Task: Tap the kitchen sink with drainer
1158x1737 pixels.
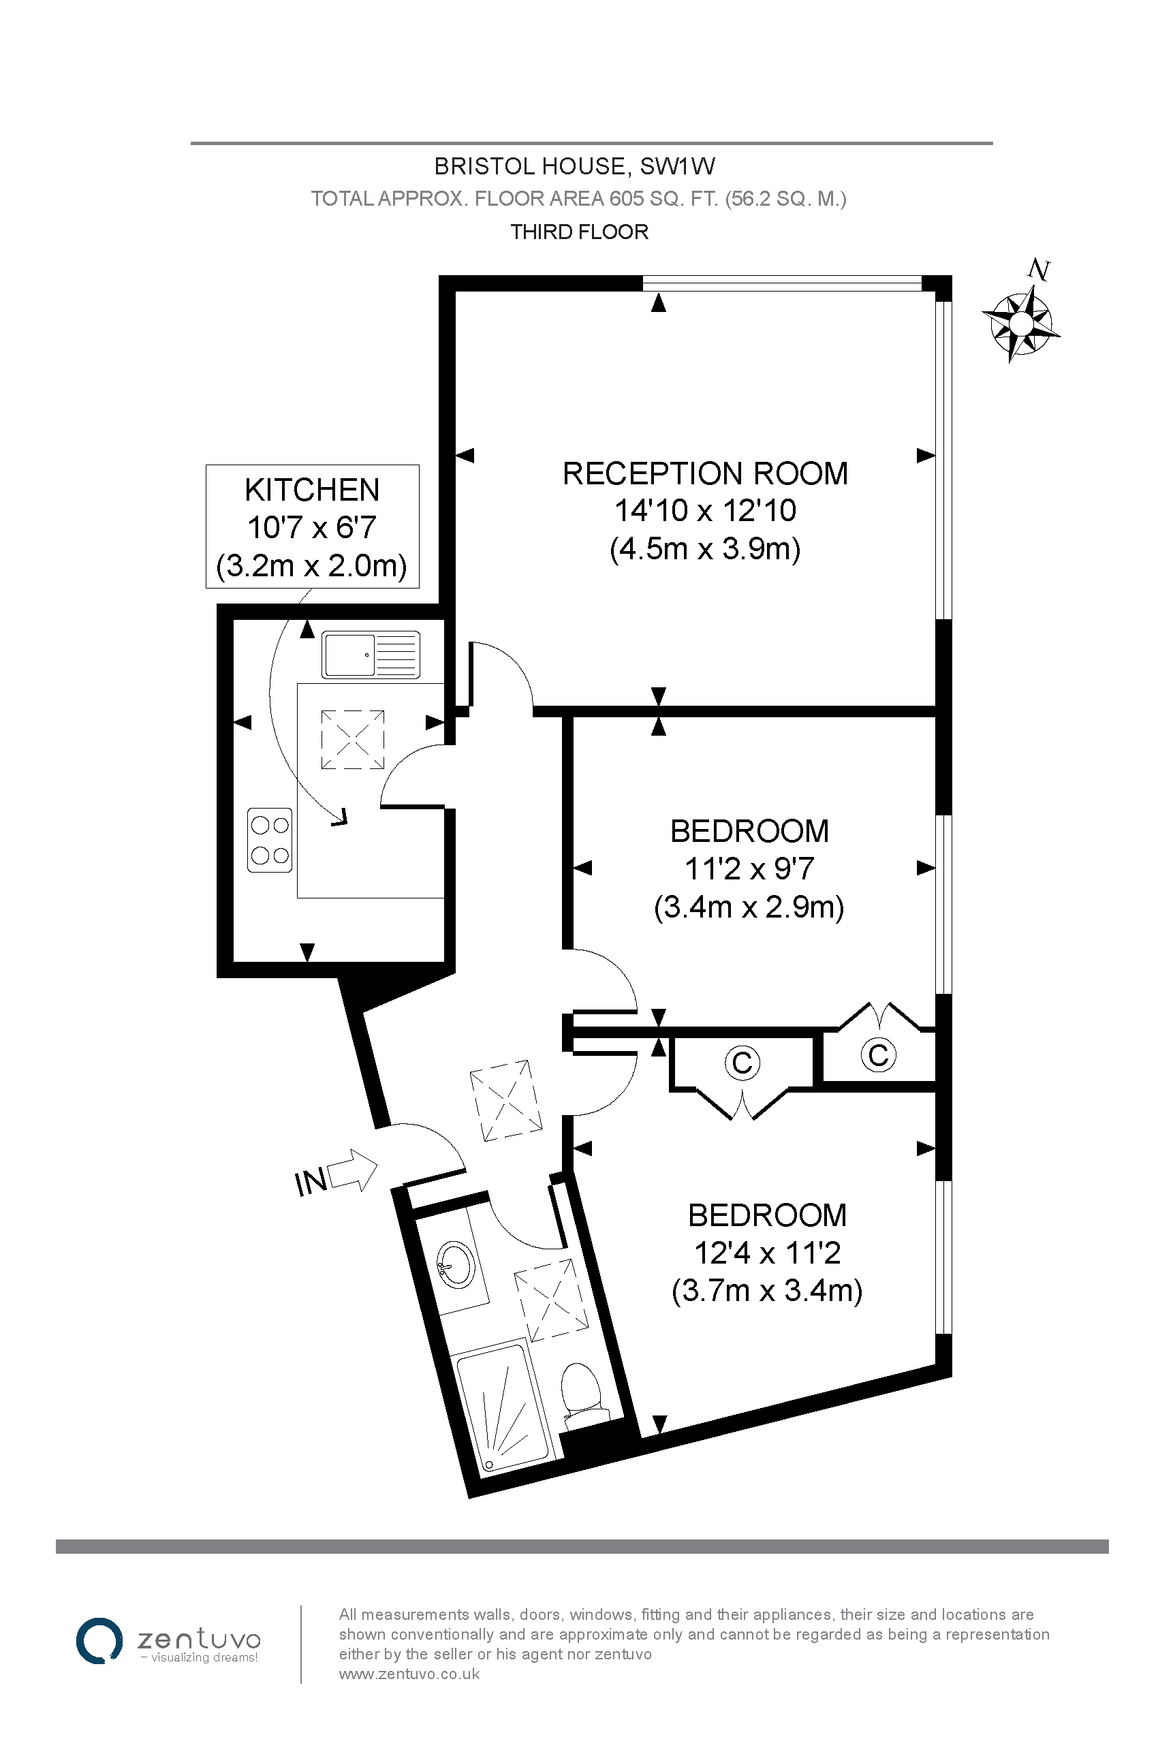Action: (371, 655)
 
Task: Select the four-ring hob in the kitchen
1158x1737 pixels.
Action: (270, 841)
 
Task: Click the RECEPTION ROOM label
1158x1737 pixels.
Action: (705, 473)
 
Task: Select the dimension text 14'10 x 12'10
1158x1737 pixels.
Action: (705, 510)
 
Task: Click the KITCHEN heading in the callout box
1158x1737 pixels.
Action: (312, 490)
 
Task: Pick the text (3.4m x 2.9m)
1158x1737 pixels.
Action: (749, 907)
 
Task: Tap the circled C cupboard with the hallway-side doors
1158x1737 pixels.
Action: (742, 1063)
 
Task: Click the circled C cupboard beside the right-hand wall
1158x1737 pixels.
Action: (878, 1054)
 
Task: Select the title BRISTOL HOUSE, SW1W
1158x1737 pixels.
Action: (574, 166)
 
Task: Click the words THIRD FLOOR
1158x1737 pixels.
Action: (579, 232)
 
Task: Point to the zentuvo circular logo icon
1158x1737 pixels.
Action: (99, 1641)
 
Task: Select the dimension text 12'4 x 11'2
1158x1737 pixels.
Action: (767, 1253)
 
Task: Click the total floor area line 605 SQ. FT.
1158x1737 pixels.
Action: (578, 199)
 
